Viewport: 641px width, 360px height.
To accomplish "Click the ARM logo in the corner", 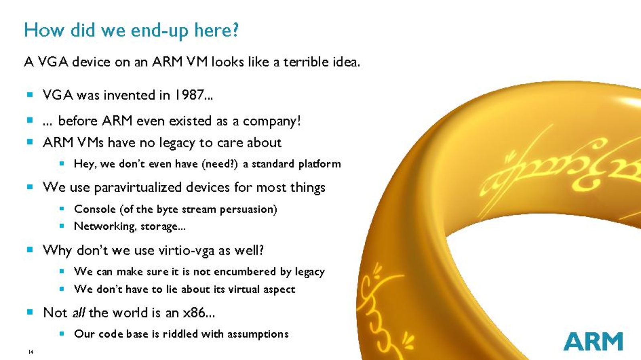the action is tap(593, 341).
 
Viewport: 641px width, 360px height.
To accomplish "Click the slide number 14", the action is tap(31, 352).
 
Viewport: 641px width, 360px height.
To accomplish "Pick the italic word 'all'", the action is tap(79, 312).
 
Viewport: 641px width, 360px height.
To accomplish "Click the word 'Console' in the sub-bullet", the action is tap(95, 209).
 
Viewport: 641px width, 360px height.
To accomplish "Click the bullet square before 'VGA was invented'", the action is tap(30, 95).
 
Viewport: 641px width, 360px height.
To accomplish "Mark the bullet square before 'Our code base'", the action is tap(62, 334).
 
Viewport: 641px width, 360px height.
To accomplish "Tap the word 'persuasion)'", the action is tap(249, 210).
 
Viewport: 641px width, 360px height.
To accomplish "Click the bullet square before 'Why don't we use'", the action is tap(30, 249).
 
